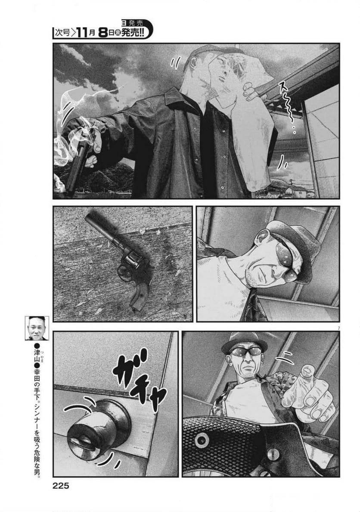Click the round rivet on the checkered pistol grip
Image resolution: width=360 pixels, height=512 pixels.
pos(201,440)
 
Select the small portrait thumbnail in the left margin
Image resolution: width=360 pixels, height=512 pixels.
pos(37,328)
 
